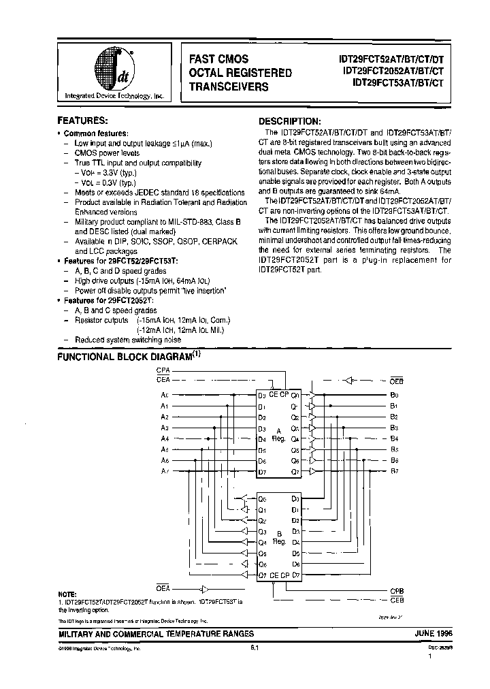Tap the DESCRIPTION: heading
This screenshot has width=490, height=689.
[289, 120]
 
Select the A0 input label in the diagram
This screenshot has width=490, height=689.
[164, 395]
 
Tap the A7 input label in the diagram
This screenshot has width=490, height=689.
[164, 470]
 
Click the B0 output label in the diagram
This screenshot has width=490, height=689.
[394, 395]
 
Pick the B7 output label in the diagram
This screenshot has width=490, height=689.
[394, 470]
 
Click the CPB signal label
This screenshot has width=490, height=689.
[397, 591]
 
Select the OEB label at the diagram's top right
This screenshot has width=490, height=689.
[396, 380]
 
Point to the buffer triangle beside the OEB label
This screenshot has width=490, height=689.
[350, 380]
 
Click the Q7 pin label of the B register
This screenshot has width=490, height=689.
[262, 575]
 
